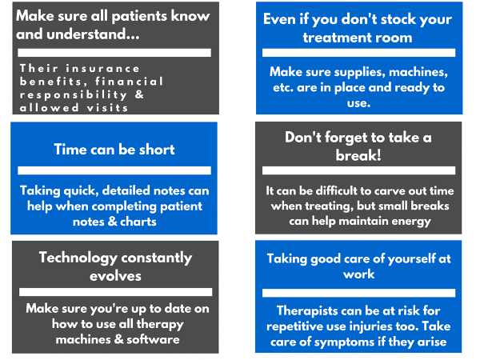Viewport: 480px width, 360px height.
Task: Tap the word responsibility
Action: (x=73, y=95)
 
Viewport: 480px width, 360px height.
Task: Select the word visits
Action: (x=107, y=108)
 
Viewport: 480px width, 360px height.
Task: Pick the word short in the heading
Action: (x=157, y=150)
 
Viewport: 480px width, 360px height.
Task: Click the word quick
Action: (x=81, y=191)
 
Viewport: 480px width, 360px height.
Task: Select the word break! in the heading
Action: (x=358, y=155)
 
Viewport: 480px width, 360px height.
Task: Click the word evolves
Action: (x=115, y=276)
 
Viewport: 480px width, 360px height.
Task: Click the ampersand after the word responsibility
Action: (x=139, y=94)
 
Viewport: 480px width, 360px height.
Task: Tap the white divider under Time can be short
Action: (x=114, y=170)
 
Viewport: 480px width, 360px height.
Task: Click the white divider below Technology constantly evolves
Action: (x=116, y=292)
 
